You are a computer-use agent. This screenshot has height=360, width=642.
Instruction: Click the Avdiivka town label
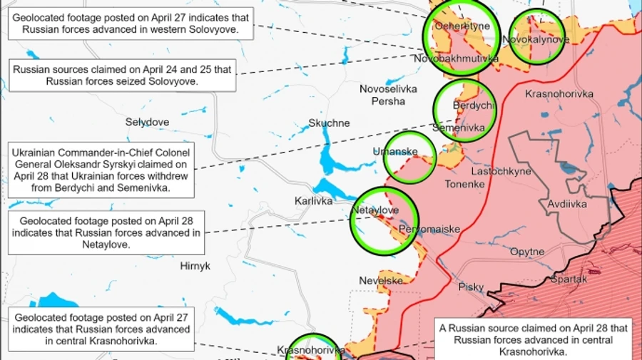[x=567, y=205]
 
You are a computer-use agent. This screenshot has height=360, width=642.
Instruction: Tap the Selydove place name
[x=147, y=122]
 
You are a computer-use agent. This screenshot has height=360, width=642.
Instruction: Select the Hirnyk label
[x=195, y=265]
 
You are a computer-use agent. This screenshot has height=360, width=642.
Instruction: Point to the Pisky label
[x=471, y=287]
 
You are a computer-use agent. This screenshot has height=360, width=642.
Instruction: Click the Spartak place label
[x=569, y=279]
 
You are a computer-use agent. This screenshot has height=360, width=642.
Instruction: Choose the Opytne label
[x=527, y=252]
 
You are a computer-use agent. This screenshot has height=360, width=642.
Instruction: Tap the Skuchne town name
[x=329, y=123]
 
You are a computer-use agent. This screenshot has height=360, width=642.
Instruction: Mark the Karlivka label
[x=314, y=201]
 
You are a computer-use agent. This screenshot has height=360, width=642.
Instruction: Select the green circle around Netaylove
[x=384, y=220]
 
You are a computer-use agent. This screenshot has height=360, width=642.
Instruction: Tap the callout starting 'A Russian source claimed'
[x=534, y=339]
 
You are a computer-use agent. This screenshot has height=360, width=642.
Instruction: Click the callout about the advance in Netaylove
[x=106, y=232]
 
